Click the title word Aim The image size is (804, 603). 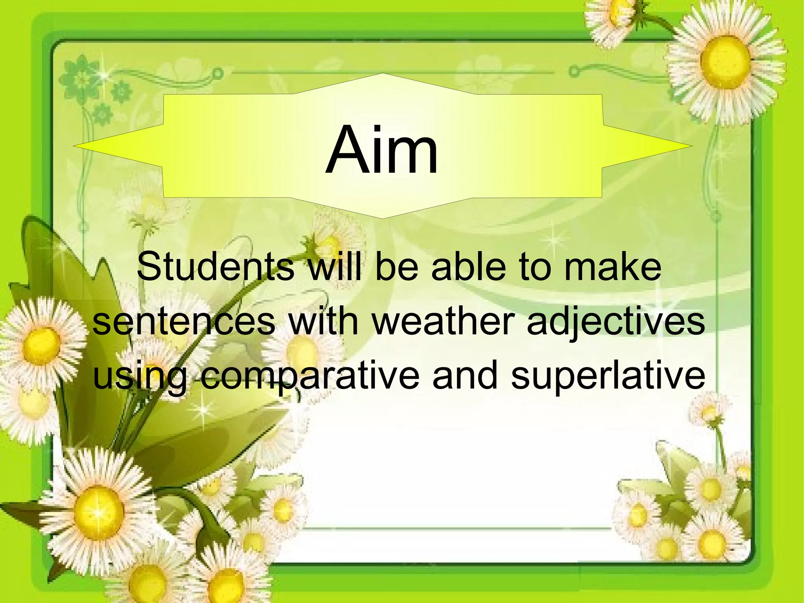pyautogui.click(x=382, y=150)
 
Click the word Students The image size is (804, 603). pyautogui.click(x=215, y=267)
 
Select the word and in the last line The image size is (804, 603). pyautogui.click(x=465, y=376)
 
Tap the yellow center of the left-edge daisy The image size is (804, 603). pyautogui.click(x=42, y=346)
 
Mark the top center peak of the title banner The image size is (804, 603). pyautogui.click(x=382, y=74)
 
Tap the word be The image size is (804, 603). pyautogui.click(x=396, y=267)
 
